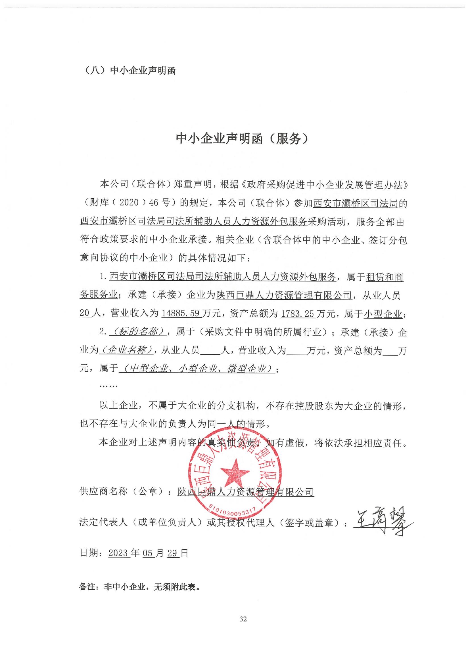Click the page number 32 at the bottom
pyautogui.click(x=243, y=619)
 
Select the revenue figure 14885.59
pyautogui.click(x=181, y=314)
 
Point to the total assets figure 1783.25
pyautogui.click(x=298, y=314)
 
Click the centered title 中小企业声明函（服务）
pyautogui.click(x=243, y=139)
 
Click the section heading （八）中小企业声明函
pyautogui.click(x=129, y=71)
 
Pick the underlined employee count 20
pyautogui.click(x=85, y=314)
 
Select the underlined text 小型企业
pyautogui.click(x=383, y=314)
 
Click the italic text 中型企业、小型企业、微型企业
pyautogui.click(x=197, y=369)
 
